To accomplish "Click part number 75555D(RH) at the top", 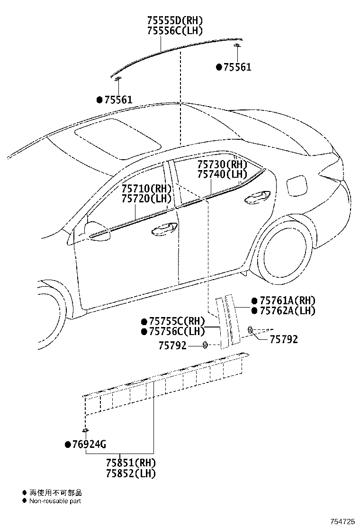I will (x=175, y=21).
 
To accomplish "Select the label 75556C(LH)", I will (x=175, y=31).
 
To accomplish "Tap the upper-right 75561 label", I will (x=237, y=67).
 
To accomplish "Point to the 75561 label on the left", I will (x=118, y=100).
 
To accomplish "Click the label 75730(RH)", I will (x=222, y=164).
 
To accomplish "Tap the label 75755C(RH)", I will (x=176, y=321).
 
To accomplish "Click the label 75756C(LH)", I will (x=176, y=331).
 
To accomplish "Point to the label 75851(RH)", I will (x=130, y=463).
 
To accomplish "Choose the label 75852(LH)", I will (x=130, y=473).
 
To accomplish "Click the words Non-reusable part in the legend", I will (x=55, y=501).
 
